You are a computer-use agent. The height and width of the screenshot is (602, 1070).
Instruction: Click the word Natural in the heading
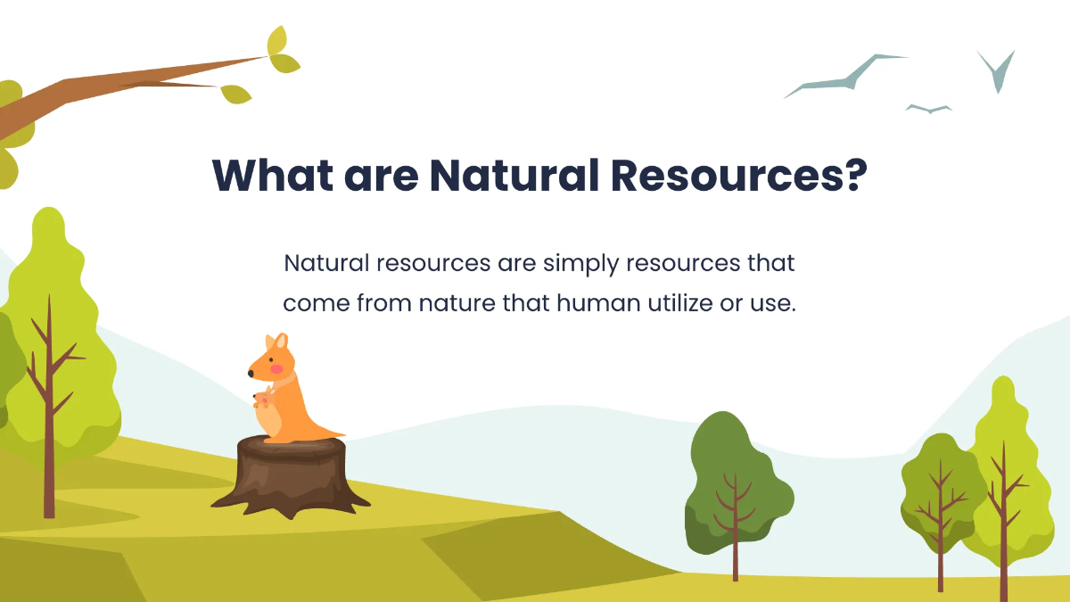click(x=514, y=176)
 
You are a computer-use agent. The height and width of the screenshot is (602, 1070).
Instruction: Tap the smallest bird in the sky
click(x=928, y=109)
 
